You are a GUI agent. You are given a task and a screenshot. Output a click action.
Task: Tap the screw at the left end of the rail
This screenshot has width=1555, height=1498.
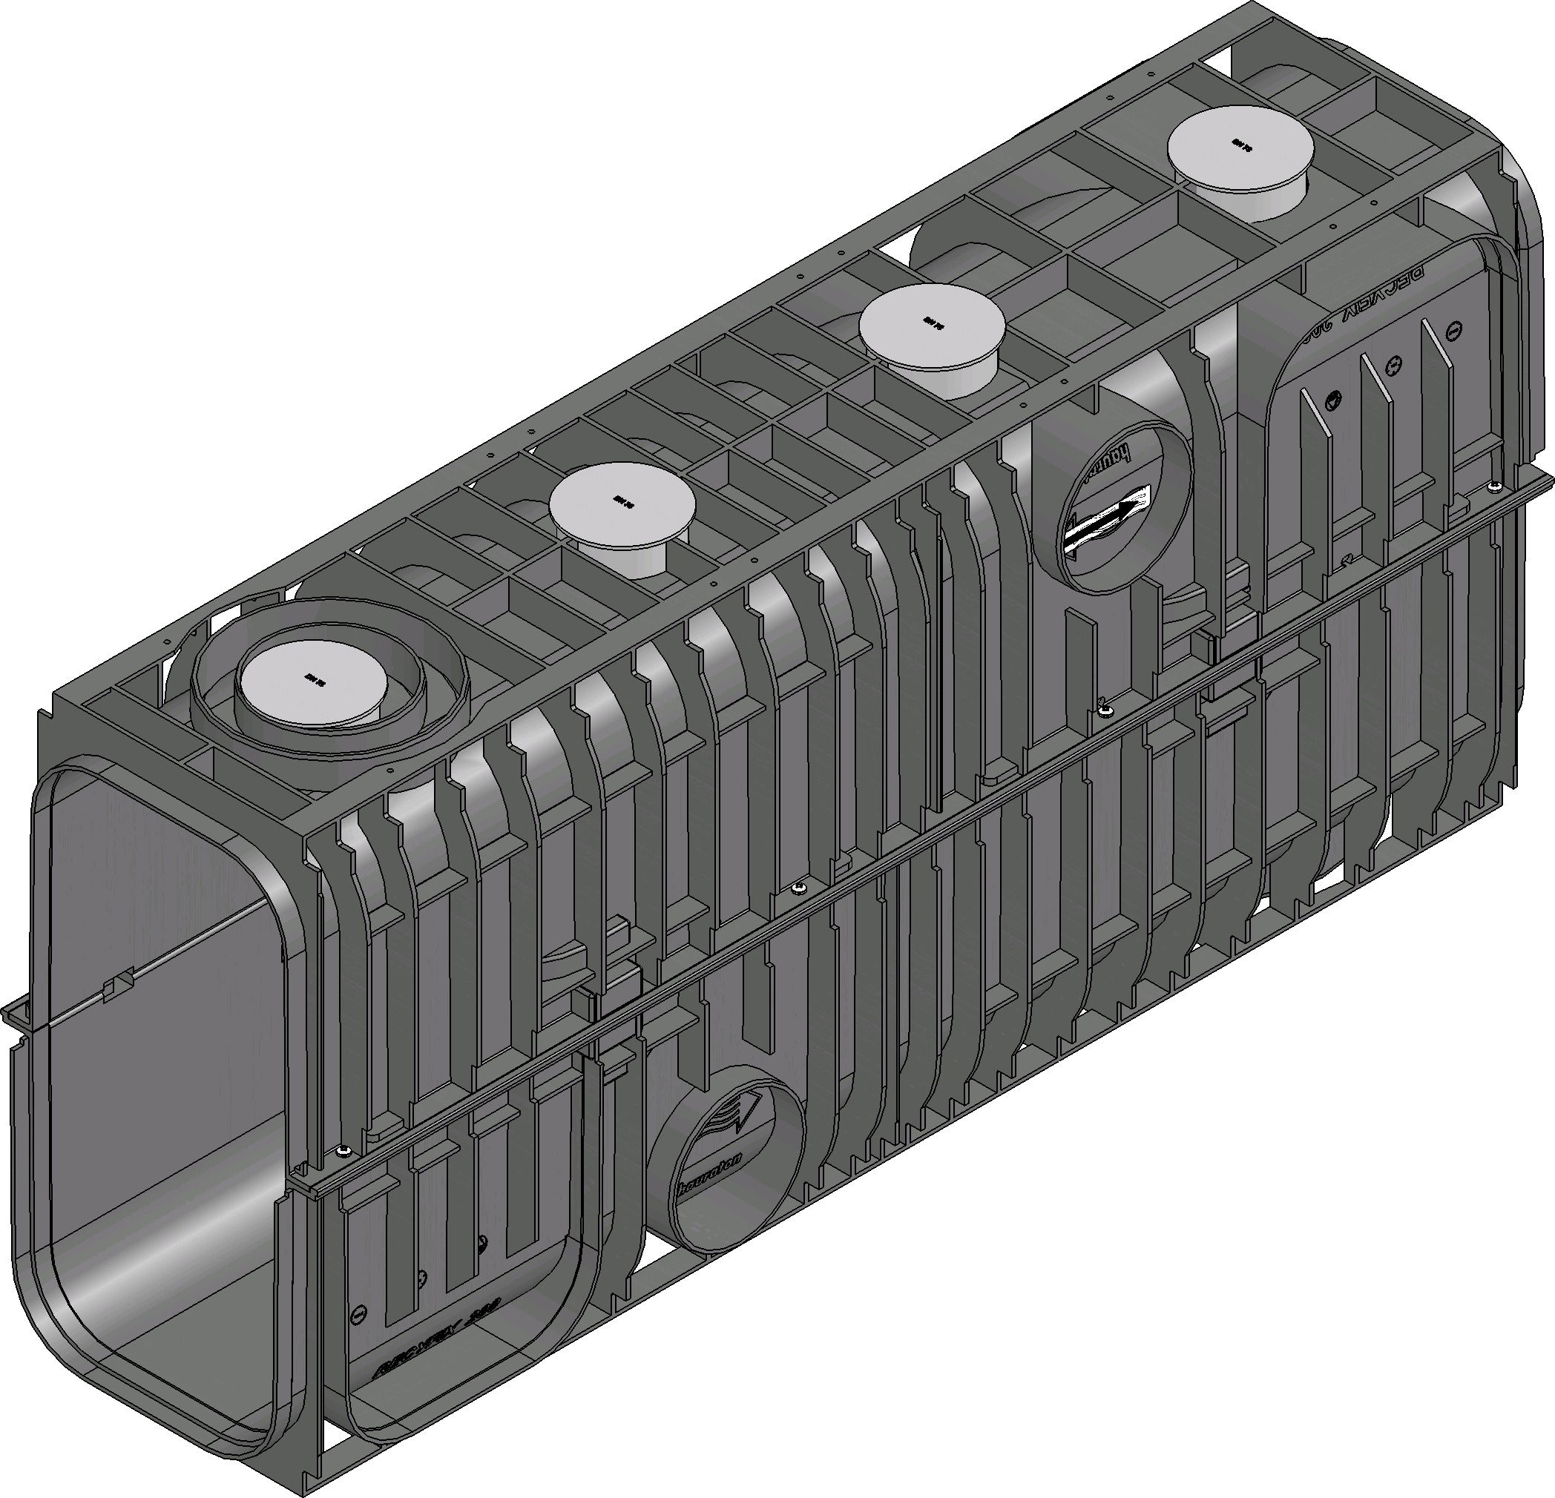[x=343, y=1150]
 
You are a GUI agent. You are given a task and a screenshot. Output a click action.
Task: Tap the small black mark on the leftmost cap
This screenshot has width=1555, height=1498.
[x=310, y=678]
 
